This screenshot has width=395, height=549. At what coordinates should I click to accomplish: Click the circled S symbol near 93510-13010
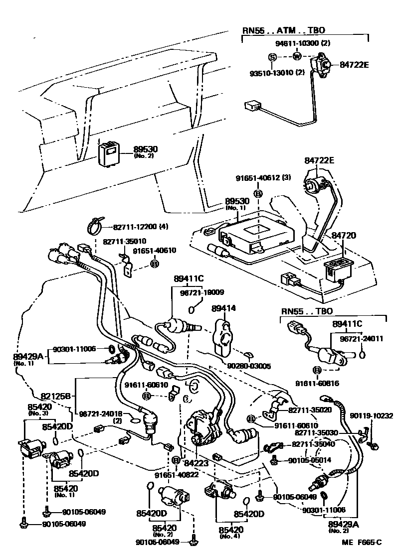point(273,57)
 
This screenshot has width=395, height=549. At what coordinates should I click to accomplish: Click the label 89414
point(222,309)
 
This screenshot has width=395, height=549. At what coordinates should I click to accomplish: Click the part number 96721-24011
point(362,339)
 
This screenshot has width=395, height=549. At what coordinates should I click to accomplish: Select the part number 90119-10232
point(371,415)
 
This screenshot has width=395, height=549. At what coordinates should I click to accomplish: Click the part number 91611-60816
point(316,384)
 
